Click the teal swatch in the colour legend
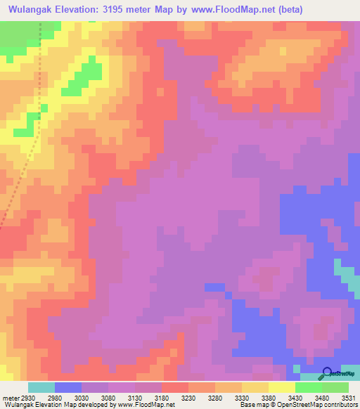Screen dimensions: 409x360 [x=41, y=387]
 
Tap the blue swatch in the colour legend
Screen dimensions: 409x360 [x=67, y=387]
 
